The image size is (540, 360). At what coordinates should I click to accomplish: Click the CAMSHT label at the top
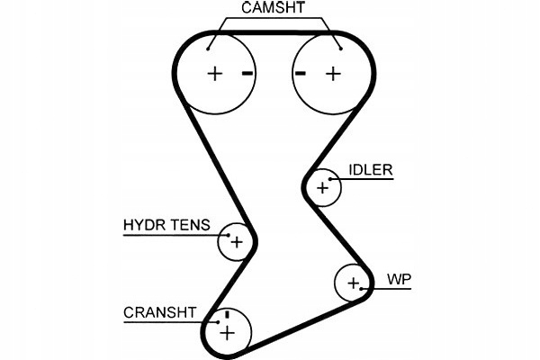pos(274,8)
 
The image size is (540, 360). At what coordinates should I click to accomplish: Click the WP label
pos(399,279)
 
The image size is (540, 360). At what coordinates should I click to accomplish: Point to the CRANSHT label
pos(159,312)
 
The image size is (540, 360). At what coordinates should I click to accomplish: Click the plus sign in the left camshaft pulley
pos(214,73)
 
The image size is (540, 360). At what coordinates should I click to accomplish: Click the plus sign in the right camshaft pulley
pos(333,73)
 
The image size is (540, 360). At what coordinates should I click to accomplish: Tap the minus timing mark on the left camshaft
pos(247,73)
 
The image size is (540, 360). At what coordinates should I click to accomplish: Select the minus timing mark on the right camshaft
pos(301,73)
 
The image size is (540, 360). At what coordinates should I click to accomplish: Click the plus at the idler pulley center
pos(322,188)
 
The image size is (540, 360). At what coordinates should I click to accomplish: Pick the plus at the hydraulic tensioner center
pos(236,242)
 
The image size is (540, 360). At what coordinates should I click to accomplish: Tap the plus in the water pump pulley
pos(353,285)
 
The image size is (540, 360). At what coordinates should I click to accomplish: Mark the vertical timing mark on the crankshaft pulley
pos(228,315)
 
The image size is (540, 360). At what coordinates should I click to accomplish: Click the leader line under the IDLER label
pos(364,178)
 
